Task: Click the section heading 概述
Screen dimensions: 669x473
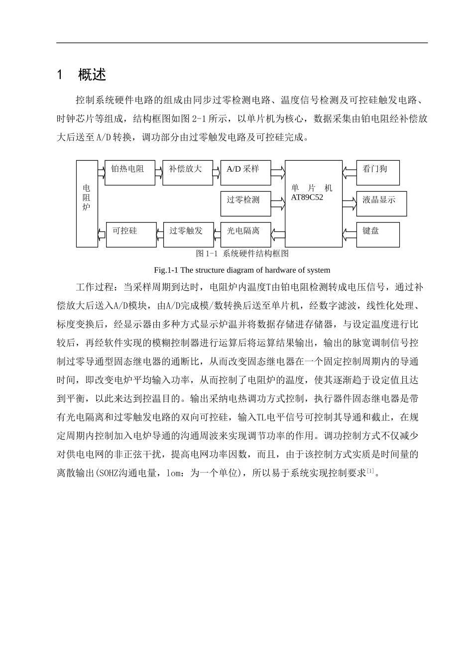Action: [92, 75]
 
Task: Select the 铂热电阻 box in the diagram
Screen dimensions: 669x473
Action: [130, 173]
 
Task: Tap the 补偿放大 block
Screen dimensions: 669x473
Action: [187, 173]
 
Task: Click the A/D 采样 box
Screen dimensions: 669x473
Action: [245, 173]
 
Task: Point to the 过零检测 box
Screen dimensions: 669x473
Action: [245, 204]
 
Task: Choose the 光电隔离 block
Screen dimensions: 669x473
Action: [245, 234]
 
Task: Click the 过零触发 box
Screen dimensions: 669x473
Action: [188, 234]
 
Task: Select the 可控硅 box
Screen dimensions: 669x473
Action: [131, 234]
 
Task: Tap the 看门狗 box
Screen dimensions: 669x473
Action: [378, 173]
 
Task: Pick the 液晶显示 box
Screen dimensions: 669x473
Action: [381, 204]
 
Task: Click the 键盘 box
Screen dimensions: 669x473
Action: [378, 234]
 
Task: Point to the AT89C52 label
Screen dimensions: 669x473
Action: [307, 197]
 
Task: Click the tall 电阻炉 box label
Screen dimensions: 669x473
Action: [87, 197]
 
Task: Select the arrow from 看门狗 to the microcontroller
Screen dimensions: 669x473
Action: [350, 171]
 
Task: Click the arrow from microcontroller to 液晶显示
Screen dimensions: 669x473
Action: [350, 201]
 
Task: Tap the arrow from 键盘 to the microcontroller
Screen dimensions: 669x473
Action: [350, 232]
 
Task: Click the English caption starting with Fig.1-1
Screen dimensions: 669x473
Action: [242, 270]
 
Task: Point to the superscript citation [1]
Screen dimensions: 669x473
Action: [370, 470]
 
